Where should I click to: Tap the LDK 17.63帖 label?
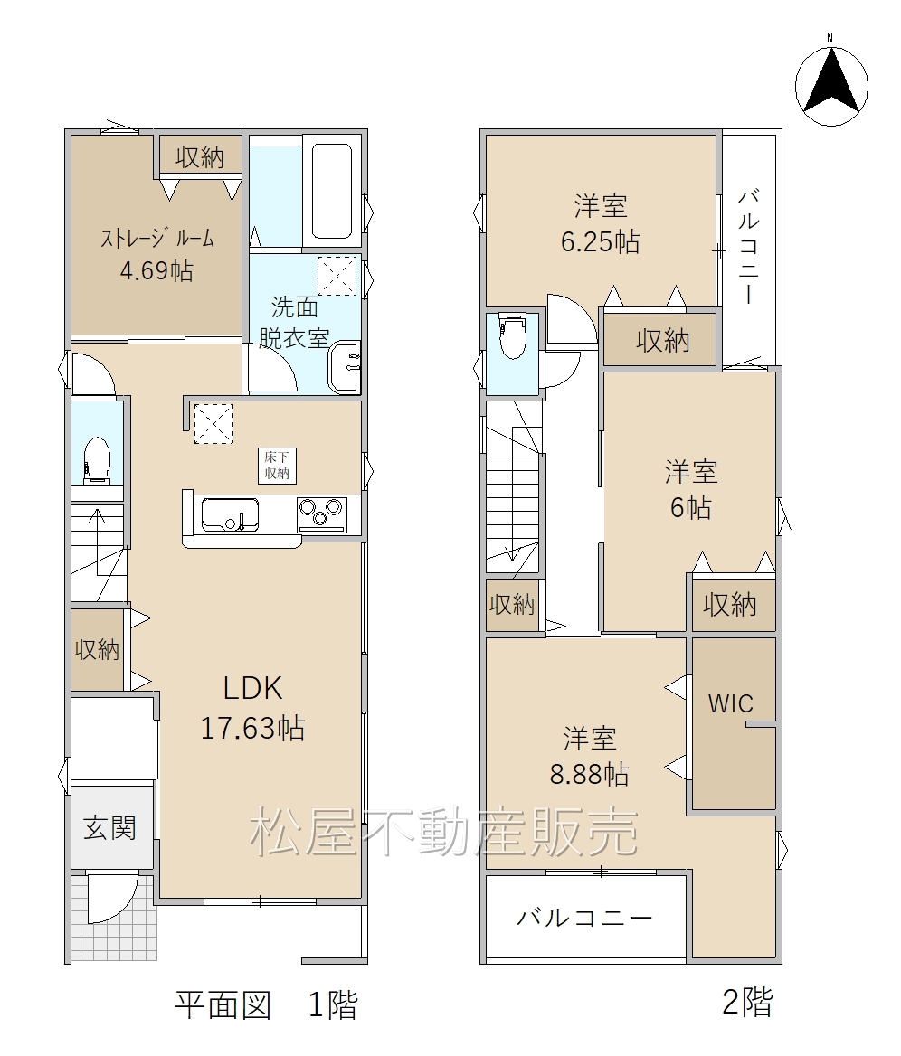pos(252,708)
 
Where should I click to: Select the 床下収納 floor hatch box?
pos(277,466)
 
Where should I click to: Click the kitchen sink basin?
pos(230,514)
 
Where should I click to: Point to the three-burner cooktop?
pos(322,514)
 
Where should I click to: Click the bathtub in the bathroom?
pos(332,191)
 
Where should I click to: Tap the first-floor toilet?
pos(97,459)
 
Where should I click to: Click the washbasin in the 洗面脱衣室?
pos(345,365)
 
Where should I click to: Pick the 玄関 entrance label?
pos(109,827)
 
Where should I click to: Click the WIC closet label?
pos(731,703)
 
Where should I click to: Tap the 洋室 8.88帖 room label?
pos(590,757)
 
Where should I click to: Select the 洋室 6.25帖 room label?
pos(601,223)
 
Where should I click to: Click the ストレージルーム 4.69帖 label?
pos(157,255)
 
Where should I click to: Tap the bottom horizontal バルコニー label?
pos(585,918)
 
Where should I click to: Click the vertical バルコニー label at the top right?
pos(749,247)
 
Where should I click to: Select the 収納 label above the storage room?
pos(200,157)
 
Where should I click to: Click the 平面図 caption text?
pos(223,1004)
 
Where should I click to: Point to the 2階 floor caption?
pos(747,1002)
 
